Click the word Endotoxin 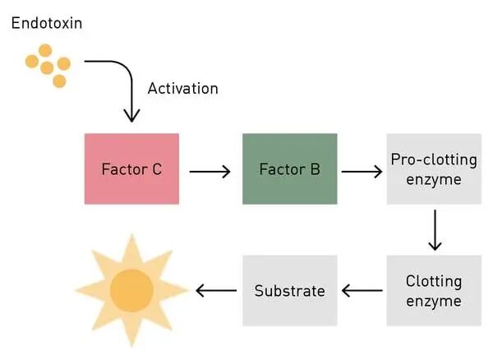(x=47, y=23)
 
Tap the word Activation (x=183, y=88)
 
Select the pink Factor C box (x=131, y=168)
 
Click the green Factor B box (x=290, y=168)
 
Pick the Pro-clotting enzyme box (x=434, y=168)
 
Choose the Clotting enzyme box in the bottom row (x=434, y=290)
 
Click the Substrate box (x=290, y=290)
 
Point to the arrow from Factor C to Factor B (x=210, y=172)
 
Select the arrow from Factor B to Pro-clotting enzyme (x=362, y=172)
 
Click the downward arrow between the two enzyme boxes (x=435, y=230)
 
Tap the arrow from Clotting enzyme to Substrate (x=362, y=290)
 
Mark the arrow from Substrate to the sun (x=216, y=290)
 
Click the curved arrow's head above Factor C (x=131, y=117)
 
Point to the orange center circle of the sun (x=131, y=290)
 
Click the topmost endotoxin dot (x=45, y=50)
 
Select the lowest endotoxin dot (x=59, y=81)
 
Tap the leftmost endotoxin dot (x=32, y=61)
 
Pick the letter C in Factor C (x=157, y=169)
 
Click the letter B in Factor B (x=315, y=169)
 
